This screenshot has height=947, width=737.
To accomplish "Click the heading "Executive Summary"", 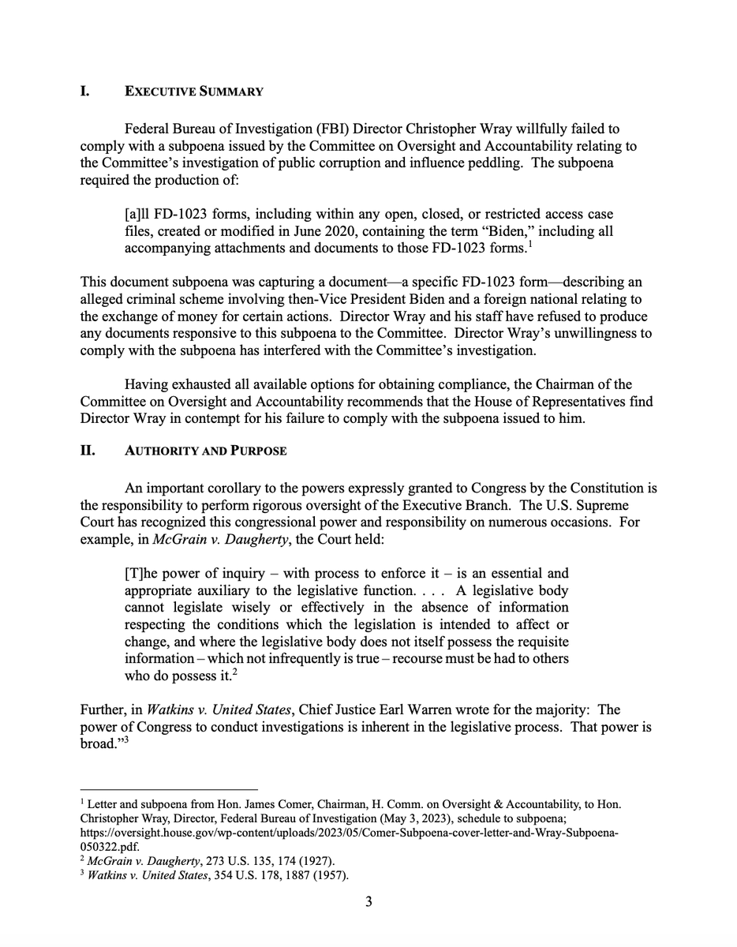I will click(193, 92).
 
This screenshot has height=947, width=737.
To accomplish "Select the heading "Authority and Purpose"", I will click(206, 451).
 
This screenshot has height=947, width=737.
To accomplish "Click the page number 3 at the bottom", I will click(368, 903).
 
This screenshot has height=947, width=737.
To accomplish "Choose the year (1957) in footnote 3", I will click(327, 874).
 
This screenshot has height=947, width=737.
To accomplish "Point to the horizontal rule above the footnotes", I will click(169, 790).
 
